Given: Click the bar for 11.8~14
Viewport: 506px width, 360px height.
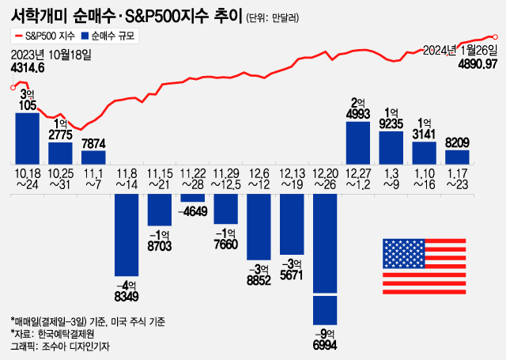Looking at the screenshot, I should click(x=127, y=234).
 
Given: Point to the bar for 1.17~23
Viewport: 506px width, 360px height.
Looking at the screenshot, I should click(x=457, y=156).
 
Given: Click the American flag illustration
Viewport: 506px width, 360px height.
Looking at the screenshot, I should click(x=421, y=266).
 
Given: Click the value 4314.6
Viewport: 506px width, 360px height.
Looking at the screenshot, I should click(x=28, y=69).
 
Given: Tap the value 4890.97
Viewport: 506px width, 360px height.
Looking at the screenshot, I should click(x=477, y=63).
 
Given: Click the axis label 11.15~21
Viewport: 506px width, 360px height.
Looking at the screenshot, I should click(x=160, y=179).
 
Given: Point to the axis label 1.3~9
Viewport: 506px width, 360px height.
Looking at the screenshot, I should click(x=391, y=179).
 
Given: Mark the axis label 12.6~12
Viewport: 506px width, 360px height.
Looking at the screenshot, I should click(x=259, y=179).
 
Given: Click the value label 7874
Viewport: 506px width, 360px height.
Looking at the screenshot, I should click(x=93, y=142).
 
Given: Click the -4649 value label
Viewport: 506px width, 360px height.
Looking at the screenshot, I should click(x=193, y=211).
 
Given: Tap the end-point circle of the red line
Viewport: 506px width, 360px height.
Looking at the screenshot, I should click(x=495, y=36).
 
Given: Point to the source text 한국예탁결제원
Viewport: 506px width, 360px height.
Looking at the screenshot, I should click(x=71, y=333).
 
